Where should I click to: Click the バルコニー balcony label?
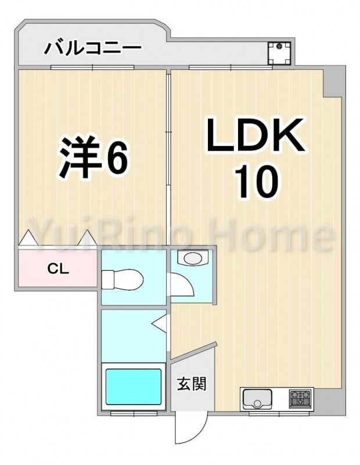tap(92, 48)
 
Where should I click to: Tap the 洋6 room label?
tap(94, 157)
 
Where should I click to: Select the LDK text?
tap(255, 135)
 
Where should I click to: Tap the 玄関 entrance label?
tap(192, 384)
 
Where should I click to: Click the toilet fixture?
tap(123, 279)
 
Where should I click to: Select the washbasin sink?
tap(193, 257)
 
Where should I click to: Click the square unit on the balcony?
tap(279, 53)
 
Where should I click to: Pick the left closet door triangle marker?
tap(28, 238)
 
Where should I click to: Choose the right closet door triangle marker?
tap(88, 238)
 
